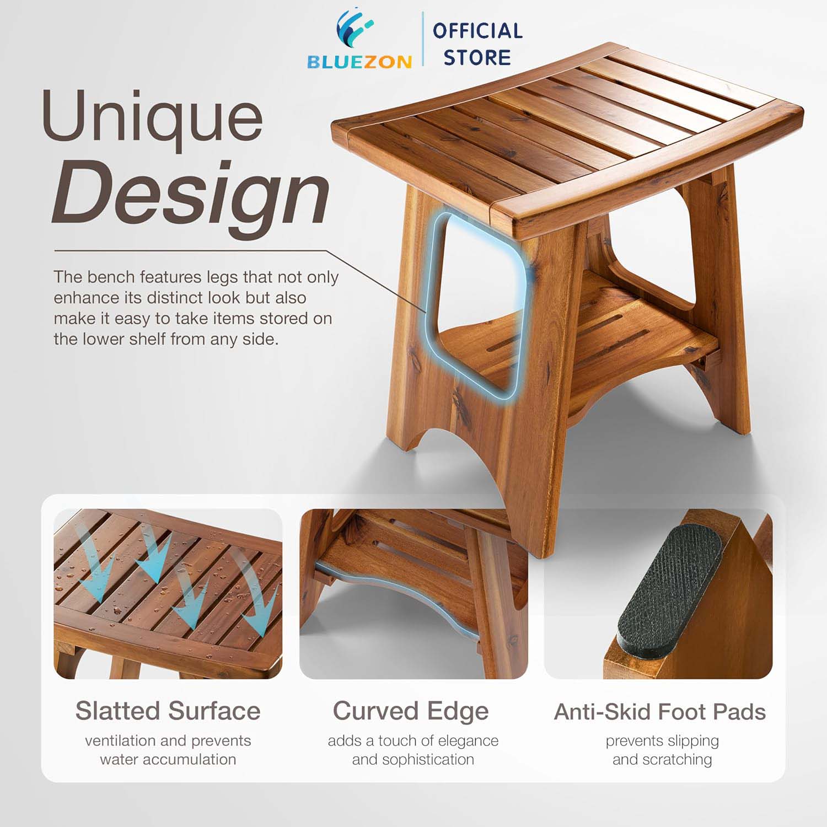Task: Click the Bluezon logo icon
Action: point(355,30)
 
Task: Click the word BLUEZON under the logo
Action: point(359,62)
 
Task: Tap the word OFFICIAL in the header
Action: point(477,31)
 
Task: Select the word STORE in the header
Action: point(477,57)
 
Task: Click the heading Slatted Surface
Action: point(168,711)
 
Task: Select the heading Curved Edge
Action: point(411,711)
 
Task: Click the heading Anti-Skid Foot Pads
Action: point(660,712)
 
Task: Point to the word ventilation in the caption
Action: point(121,740)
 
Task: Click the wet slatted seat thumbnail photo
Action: point(168,594)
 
